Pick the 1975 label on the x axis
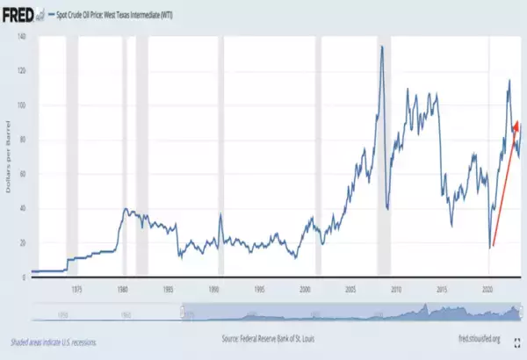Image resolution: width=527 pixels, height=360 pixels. tap(77, 287)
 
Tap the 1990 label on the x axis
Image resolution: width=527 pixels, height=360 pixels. tap(213, 287)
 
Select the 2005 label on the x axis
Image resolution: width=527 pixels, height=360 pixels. tap(350, 287)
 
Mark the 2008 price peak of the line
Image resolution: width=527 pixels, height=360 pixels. tap(381, 47)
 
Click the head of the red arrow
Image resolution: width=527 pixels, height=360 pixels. tap(517, 123)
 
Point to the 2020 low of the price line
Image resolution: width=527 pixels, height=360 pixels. tap(489, 248)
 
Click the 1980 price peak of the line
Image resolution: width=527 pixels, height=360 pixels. tap(126, 209)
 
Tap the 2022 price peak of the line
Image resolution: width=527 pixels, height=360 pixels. tap(509, 81)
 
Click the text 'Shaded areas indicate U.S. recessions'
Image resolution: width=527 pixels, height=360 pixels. tap(54, 342)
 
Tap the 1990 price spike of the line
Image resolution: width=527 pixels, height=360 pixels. tap(220, 215)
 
